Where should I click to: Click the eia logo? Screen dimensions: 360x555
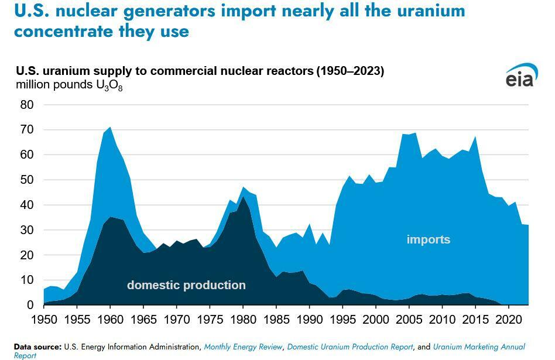click(519, 76)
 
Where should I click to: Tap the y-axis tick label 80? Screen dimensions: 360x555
click(26, 105)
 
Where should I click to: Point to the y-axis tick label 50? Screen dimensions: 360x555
click(26, 180)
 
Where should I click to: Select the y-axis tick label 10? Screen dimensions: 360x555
click(26, 280)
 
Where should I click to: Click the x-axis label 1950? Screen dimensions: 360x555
click(44, 320)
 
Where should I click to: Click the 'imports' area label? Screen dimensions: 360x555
click(429, 239)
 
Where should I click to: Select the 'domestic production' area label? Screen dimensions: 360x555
click(186, 285)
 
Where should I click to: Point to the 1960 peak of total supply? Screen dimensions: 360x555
click(110, 127)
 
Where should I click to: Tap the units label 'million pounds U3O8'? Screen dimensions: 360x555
click(69, 85)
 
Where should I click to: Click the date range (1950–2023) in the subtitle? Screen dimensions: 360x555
click(350, 71)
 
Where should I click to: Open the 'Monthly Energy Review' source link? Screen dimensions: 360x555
click(243, 347)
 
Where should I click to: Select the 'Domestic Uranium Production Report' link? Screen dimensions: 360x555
click(350, 347)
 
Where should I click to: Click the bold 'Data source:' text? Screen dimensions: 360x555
click(38, 347)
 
